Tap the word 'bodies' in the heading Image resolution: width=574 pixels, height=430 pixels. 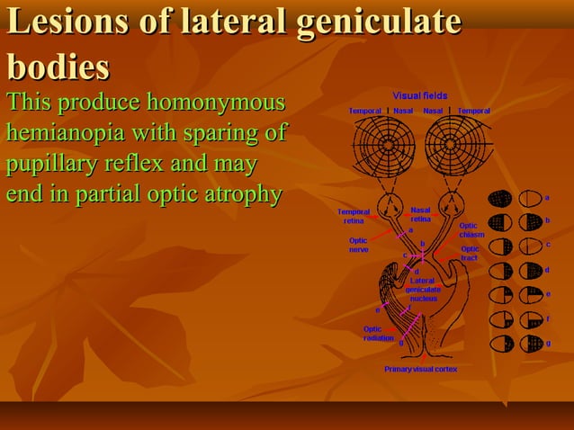pyautogui.click(x=58, y=67)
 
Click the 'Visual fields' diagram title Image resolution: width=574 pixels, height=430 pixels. pyautogui.click(x=419, y=95)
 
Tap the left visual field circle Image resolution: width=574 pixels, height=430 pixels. pyautogui.click(x=383, y=145)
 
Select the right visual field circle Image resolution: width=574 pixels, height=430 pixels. pyautogui.click(x=456, y=145)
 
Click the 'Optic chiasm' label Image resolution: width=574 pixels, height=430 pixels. pyautogui.click(x=471, y=230)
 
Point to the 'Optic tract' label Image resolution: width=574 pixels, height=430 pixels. pyautogui.click(x=470, y=253)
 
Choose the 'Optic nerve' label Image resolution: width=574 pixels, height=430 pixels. pyautogui.click(x=358, y=245)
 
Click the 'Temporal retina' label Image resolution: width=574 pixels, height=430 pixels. pyautogui.click(x=354, y=216)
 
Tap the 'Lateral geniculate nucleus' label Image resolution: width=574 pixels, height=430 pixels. pyautogui.click(x=422, y=290)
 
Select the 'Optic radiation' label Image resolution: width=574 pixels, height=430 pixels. pyautogui.click(x=378, y=333)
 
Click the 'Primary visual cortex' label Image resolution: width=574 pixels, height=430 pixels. pyautogui.click(x=420, y=369)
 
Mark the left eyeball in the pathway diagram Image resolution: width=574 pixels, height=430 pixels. pyautogui.click(x=392, y=204)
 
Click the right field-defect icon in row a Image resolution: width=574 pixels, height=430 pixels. pyautogui.click(x=531, y=198)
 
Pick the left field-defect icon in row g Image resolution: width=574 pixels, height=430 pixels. pyautogui.click(x=501, y=344)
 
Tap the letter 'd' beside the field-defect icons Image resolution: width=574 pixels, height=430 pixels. pyautogui.click(x=547, y=270)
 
